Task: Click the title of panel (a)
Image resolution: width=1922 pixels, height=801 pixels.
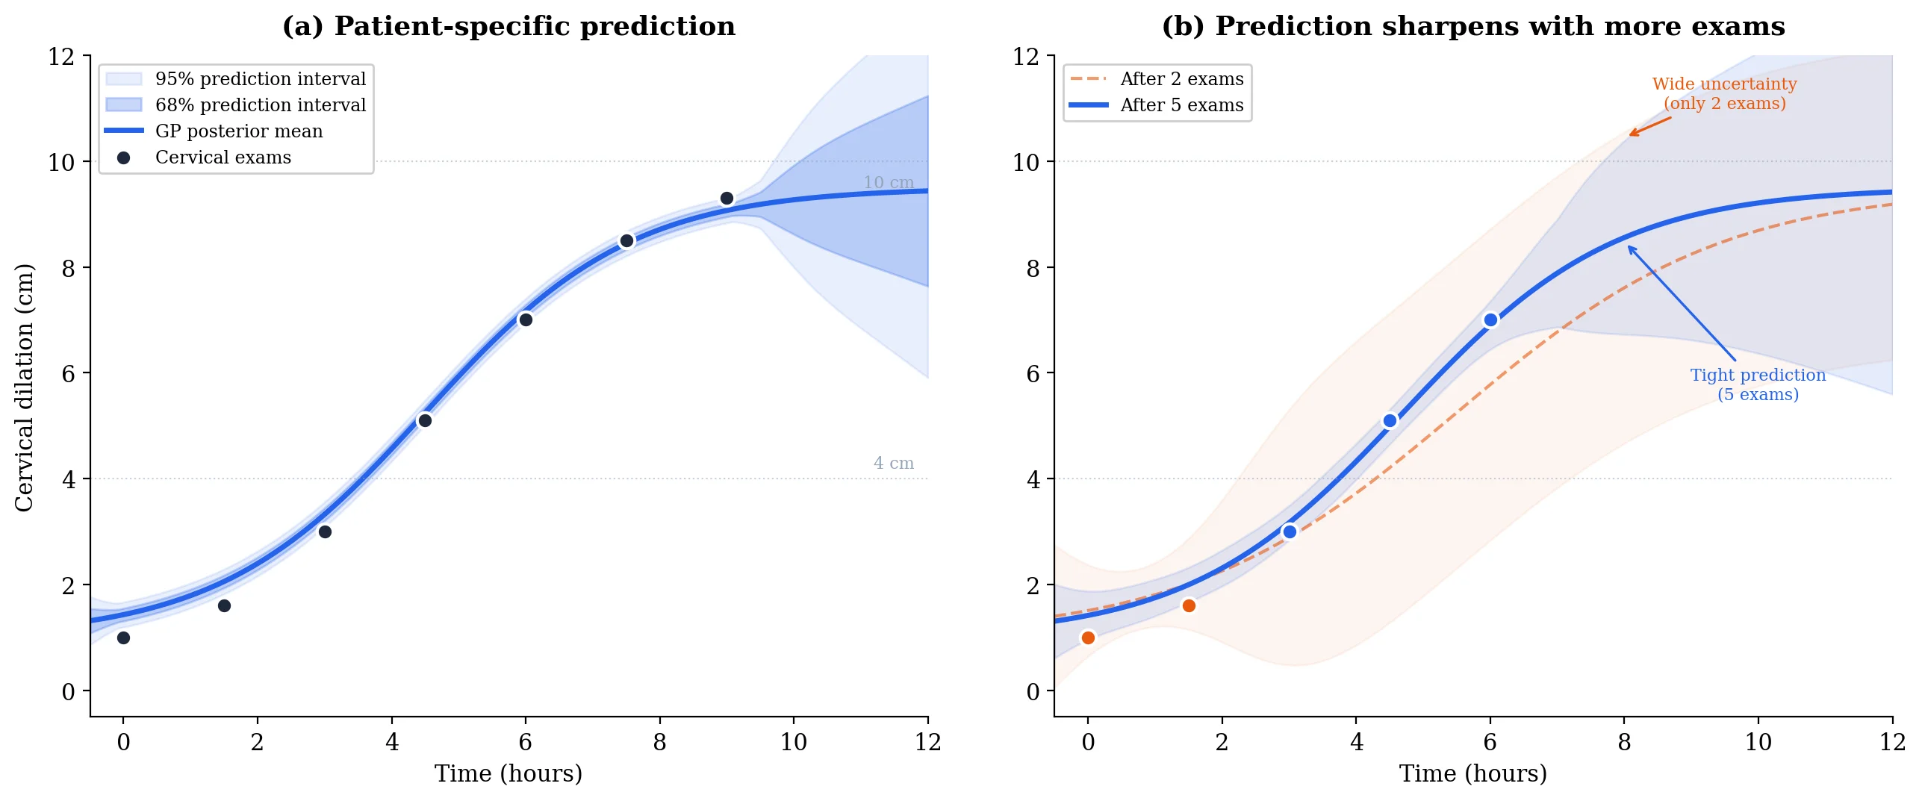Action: [509, 26]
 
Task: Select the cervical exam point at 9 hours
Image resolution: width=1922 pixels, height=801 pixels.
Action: [727, 199]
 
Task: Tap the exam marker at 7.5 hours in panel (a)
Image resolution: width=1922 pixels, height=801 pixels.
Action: [626, 240]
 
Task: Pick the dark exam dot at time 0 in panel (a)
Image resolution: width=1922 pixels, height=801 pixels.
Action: [124, 638]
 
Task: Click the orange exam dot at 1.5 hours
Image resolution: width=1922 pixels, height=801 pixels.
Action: [1189, 605]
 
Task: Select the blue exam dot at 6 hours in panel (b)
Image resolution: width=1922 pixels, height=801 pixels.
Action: [1490, 320]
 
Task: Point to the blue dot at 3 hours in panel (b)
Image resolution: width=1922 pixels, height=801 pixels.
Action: [1290, 532]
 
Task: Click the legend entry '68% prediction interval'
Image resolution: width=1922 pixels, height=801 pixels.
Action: [260, 105]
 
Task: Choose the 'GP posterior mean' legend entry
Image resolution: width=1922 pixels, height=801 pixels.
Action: [238, 131]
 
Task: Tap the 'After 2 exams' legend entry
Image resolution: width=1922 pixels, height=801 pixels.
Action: [1181, 79]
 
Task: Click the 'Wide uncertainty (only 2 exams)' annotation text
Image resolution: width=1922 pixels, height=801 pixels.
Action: [1723, 94]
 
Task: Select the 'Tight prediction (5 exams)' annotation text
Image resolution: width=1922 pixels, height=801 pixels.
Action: [1757, 384]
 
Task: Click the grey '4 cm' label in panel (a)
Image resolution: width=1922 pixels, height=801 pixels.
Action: [893, 464]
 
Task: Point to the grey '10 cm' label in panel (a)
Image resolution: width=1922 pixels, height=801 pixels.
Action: [888, 183]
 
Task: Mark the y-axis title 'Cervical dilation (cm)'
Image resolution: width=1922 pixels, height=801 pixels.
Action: [25, 387]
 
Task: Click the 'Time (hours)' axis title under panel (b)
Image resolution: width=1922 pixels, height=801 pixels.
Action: [1472, 773]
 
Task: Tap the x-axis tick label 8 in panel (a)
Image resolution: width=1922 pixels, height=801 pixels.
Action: [659, 742]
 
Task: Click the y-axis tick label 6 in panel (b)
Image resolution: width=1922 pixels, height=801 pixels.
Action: [1033, 373]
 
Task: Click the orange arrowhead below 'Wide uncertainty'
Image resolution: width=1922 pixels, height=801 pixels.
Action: [1632, 134]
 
